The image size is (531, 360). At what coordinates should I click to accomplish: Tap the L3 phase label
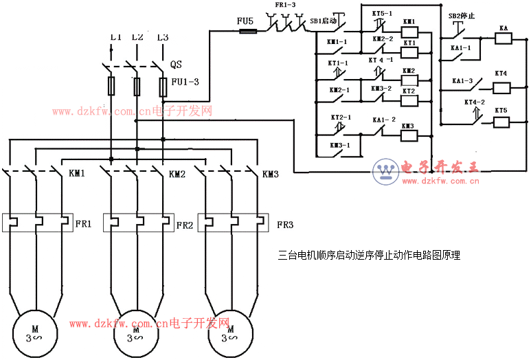click(163, 37)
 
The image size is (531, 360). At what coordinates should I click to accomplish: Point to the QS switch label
click(177, 65)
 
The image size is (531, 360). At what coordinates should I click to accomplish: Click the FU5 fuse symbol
click(245, 31)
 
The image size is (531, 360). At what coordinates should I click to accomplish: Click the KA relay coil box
click(504, 37)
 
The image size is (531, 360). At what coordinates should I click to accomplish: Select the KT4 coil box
click(501, 87)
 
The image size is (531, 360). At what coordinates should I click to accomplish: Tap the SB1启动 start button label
click(324, 21)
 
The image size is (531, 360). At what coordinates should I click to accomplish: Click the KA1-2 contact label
click(385, 120)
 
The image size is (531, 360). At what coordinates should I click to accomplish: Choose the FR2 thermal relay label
click(185, 225)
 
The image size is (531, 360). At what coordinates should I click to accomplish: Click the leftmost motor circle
click(32, 333)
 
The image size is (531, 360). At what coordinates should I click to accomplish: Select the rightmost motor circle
click(229, 333)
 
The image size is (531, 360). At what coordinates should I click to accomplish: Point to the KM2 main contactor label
click(177, 174)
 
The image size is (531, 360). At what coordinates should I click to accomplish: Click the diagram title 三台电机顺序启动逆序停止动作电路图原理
click(369, 255)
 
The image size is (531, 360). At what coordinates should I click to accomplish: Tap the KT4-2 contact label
click(475, 102)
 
